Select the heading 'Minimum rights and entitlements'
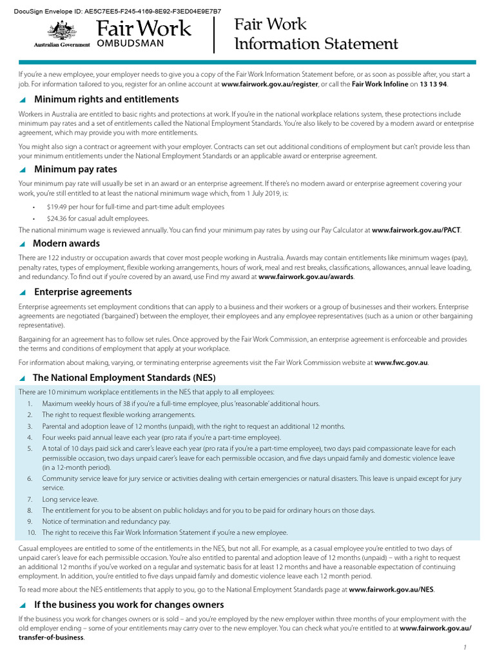106,99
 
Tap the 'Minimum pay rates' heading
75,170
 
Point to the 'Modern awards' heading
66,244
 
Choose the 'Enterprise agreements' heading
82,292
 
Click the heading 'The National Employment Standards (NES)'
124,378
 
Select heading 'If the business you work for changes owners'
129,605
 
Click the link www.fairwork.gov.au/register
269,84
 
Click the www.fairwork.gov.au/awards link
306,277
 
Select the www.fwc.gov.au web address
401,362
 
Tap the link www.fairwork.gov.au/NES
391,589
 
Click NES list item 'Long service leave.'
70,499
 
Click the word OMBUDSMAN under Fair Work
135,43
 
